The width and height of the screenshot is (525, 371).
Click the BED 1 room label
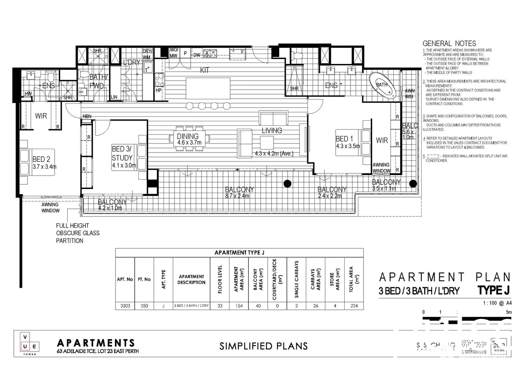tap(344, 139)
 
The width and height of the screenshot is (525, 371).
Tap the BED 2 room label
tap(41, 159)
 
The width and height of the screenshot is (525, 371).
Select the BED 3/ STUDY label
tap(122, 154)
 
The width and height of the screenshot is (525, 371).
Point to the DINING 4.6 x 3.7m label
tap(188, 139)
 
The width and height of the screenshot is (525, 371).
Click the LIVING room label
tap(271, 131)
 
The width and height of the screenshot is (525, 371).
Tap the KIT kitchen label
tap(205, 70)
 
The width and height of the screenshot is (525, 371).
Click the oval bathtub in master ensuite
tap(382, 85)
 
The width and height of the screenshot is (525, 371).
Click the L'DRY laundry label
tap(132, 63)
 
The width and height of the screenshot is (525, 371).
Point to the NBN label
tap(87, 116)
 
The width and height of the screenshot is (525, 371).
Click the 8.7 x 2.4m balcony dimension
tap(237, 196)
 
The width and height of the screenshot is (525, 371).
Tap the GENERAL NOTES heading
tap(449, 44)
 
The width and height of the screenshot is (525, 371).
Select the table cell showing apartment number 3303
tap(125, 306)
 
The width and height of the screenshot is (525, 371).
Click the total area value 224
tap(354, 306)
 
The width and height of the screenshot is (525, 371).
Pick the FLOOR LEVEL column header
tap(220, 279)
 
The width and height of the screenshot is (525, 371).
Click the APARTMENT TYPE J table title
tap(239, 252)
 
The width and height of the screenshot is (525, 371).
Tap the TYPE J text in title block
tap(493, 290)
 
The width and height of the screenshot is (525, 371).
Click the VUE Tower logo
tap(30, 344)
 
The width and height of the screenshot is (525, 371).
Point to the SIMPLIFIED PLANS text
tap(264, 346)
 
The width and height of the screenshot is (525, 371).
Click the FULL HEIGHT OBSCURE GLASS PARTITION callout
tap(78, 233)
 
